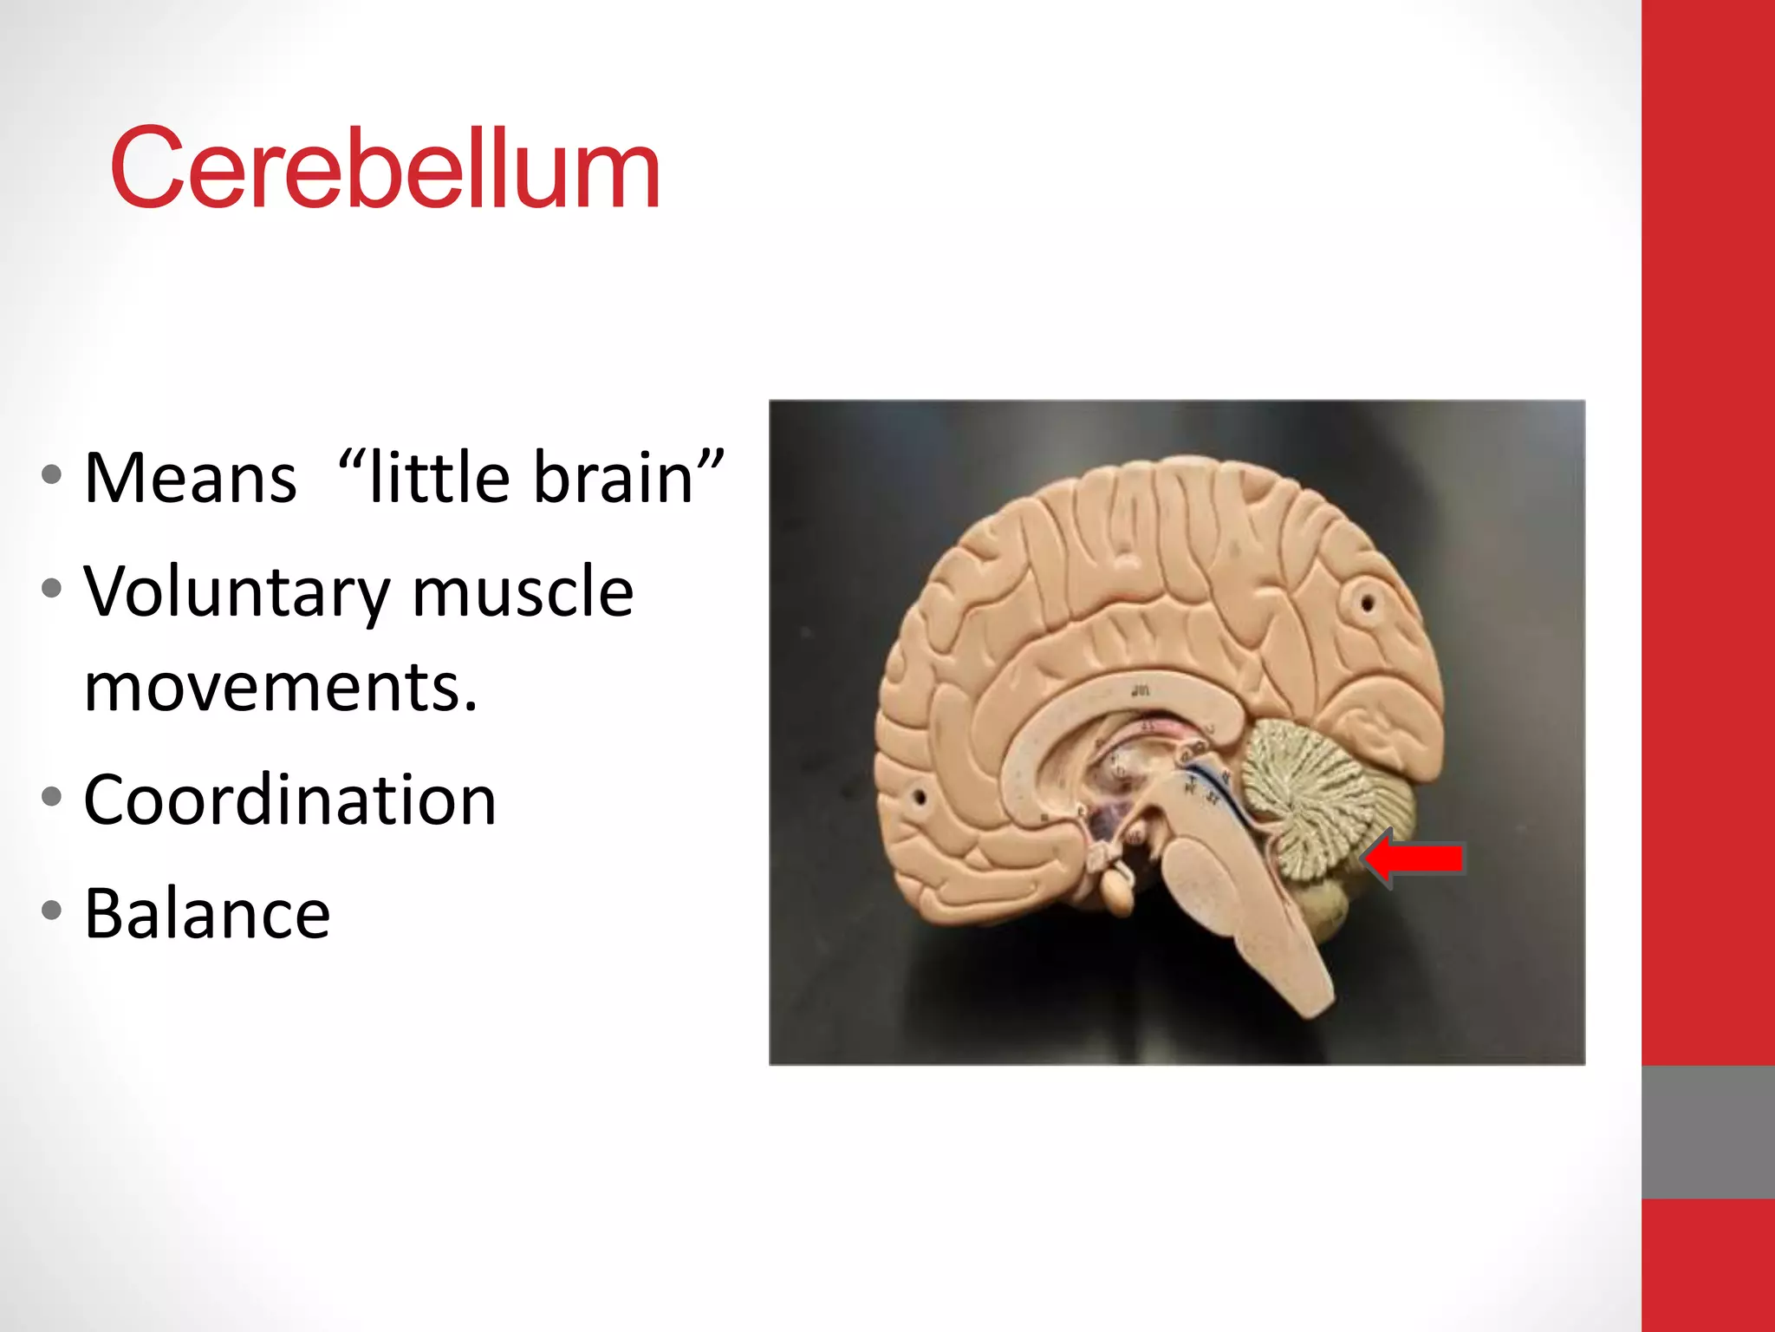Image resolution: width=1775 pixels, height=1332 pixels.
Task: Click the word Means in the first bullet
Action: pos(191,478)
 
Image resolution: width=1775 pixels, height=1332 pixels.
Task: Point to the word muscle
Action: pos(523,593)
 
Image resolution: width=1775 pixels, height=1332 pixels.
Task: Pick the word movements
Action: pos(281,688)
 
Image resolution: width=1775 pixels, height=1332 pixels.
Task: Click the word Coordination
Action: pos(289,800)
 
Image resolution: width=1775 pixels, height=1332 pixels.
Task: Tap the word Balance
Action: pos(207,913)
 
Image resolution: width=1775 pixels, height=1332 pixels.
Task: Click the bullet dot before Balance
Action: pos(52,911)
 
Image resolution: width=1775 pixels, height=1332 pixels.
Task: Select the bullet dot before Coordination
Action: pos(52,797)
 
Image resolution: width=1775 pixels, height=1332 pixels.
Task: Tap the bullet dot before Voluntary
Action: pos(52,589)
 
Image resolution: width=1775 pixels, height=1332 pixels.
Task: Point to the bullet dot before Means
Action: pos(52,474)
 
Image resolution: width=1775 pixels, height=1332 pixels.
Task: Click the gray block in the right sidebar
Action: pos(1707,1132)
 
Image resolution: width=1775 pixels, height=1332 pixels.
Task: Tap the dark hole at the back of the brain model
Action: pos(1367,601)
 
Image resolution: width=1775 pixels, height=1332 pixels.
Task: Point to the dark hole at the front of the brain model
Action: pos(920,796)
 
